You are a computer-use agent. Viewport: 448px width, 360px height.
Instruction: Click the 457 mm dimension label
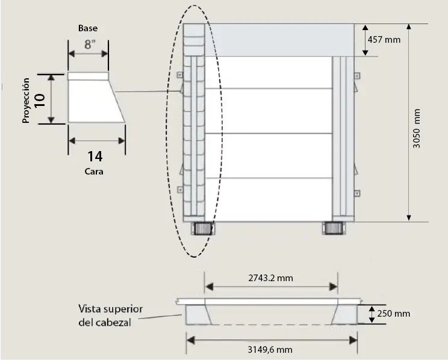pyautogui.click(x=384, y=40)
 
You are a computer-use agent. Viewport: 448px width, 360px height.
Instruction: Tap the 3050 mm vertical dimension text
pyautogui.click(x=417, y=129)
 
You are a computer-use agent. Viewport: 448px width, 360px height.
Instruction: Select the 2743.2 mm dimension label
pyautogui.click(x=270, y=278)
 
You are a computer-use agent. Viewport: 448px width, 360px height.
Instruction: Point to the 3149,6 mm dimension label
pyautogui.click(x=270, y=349)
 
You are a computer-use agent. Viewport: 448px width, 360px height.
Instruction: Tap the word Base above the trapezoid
pyautogui.click(x=88, y=28)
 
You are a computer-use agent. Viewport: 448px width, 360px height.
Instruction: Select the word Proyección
pyautogui.click(x=26, y=99)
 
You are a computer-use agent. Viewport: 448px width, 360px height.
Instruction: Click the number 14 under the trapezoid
pyautogui.click(x=95, y=157)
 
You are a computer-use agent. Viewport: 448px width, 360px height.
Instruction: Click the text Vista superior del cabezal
pyautogui.click(x=110, y=315)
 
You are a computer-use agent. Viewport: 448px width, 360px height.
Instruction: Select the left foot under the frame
pyautogui.click(x=201, y=229)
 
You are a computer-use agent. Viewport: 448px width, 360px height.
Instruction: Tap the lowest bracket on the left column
pyautogui.click(x=180, y=190)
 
